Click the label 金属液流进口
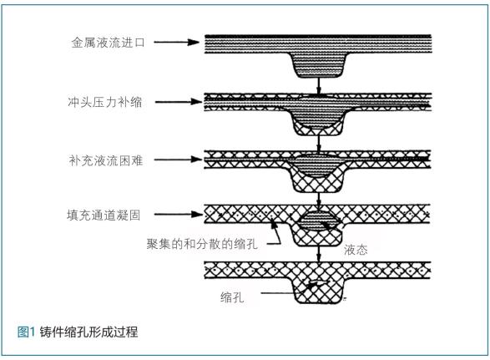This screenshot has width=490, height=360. click(x=109, y=43)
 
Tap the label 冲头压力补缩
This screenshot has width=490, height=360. click(x=105, y=102)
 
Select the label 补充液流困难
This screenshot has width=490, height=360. click(x=106, y=160)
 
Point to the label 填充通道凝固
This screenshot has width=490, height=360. click(x=104, y=215)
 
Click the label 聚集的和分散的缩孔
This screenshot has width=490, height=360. click(x=202, y=244)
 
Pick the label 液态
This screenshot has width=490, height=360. click(x=356, y=250)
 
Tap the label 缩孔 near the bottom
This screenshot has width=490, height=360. click(x=232, y=297)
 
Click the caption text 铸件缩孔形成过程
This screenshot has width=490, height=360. click(x=88, y=332)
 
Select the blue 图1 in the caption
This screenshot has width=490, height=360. click(x=26, y=332)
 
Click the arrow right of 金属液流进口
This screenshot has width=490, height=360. click(x=177, y=43)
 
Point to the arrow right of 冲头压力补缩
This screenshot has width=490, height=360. click(x=179, y=102)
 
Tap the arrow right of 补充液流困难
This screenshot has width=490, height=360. click(x=178, y=160)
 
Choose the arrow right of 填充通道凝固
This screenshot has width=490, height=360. click(x=179, y=215)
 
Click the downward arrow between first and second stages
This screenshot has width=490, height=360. click(x=318, y=85)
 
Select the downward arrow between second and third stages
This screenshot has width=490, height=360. click(x=318, y=144)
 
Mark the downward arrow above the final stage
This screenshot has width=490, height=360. click(x=318, y=254)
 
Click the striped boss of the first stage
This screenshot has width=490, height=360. click(x=319, y=65)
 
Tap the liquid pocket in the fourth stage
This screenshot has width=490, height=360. click(x=317, y=221)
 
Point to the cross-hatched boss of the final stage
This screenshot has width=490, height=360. click(x=318, y=291)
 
